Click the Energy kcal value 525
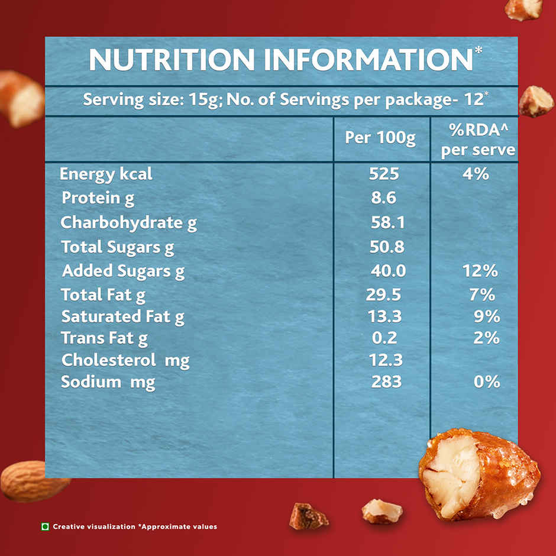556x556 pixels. point(384,174)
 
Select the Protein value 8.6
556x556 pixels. point(384,198)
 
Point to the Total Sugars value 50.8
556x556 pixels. point(387,247)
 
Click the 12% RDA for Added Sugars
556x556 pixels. point(480,271)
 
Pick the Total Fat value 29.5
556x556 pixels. point(384,295)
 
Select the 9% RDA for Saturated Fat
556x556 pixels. point(487,316)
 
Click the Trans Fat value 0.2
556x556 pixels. point(384,338)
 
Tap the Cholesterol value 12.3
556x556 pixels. point(386,360)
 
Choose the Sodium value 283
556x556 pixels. point(386,382)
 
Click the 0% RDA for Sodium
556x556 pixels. point(487,382)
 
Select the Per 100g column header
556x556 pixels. point(380,138)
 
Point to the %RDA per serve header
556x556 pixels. point(478,140)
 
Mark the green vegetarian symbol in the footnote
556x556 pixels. point(45,526)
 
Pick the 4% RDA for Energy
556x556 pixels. point(476,174)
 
